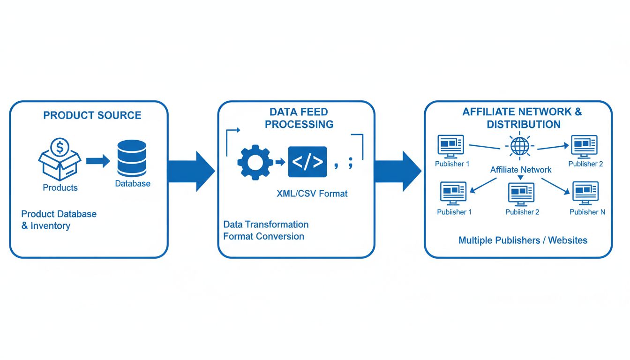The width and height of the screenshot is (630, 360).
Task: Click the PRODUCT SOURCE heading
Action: (x=92, y=115)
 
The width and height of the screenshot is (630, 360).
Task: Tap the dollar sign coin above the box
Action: (x=60, y=148)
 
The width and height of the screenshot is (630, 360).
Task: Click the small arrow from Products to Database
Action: (x=97, y=161)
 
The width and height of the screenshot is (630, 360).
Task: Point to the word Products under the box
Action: (x=60, y=187)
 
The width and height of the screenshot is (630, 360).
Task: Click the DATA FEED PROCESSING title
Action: (x=299, y=118)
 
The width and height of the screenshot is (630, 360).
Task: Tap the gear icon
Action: (x=255, y=162)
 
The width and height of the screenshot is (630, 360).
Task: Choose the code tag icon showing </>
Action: (x=307, y=162)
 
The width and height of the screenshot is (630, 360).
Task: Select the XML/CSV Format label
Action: (x=312, y=193)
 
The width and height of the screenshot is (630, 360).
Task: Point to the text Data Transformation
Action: (x=266, y=225)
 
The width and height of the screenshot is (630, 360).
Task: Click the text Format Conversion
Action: (x=263, y=236)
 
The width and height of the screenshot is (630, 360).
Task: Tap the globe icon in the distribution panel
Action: (x=519, y=146)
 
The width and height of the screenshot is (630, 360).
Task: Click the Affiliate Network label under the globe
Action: (x=521, y=170)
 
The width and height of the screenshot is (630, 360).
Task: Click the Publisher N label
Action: (x=587, y=212)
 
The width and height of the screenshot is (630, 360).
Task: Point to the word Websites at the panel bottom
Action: (x=568, y=240)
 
